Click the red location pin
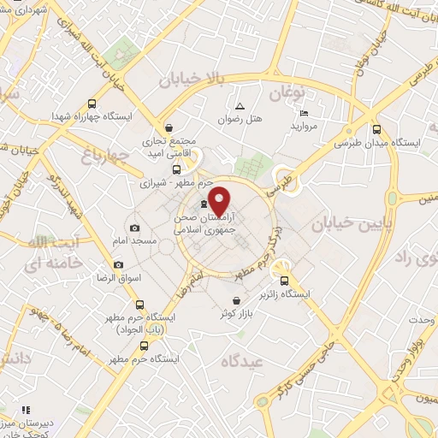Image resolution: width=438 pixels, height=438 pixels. point(221,201)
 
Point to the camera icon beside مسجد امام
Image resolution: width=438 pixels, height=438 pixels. point(134,228)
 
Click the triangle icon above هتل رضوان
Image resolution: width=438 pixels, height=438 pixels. point(240,107)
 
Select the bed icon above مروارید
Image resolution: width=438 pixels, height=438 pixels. point(305,114)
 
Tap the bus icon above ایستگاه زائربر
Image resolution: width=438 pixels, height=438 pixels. point(285,280)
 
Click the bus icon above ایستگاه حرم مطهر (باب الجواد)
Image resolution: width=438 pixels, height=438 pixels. point(139,304)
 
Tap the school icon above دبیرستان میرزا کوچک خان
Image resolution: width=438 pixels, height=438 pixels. point(27,410)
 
